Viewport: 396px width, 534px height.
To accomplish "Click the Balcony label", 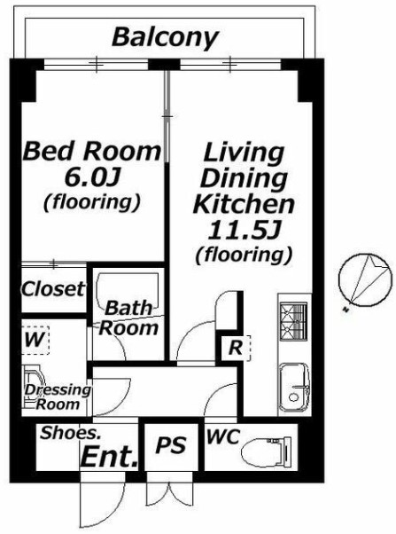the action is [165, 37].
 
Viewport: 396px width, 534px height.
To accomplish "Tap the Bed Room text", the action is [91, 151].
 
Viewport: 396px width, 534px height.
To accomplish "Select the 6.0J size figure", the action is [92, 177].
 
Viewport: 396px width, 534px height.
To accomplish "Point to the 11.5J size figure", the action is [244, 230].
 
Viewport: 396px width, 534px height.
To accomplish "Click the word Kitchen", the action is [244, 204].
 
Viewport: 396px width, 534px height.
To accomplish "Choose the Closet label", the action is [53, 289].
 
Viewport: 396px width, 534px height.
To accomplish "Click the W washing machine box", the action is [35, 340].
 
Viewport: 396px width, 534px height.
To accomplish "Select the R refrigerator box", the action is [237, 348].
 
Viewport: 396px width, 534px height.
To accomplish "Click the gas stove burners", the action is [293, 321].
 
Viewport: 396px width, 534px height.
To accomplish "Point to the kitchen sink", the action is [295, 387].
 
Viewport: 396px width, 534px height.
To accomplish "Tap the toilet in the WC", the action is [267, 452].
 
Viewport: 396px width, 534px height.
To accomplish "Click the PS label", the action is [171, 444].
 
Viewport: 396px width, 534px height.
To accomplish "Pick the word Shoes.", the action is [70, 433].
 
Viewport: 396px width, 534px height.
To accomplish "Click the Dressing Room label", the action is [58, 397].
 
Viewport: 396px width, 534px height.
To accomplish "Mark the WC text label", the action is [223, 436].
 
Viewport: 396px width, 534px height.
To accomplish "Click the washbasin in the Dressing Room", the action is [32, 388].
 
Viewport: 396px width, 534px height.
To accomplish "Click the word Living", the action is [244, 153].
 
